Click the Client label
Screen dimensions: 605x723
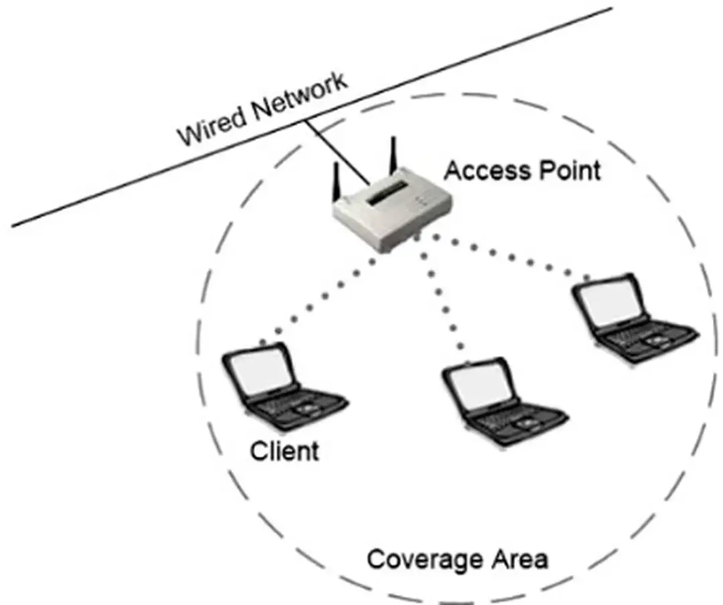(285, 450)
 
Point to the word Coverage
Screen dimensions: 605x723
(427, 559)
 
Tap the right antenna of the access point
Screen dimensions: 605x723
(394, 158)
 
